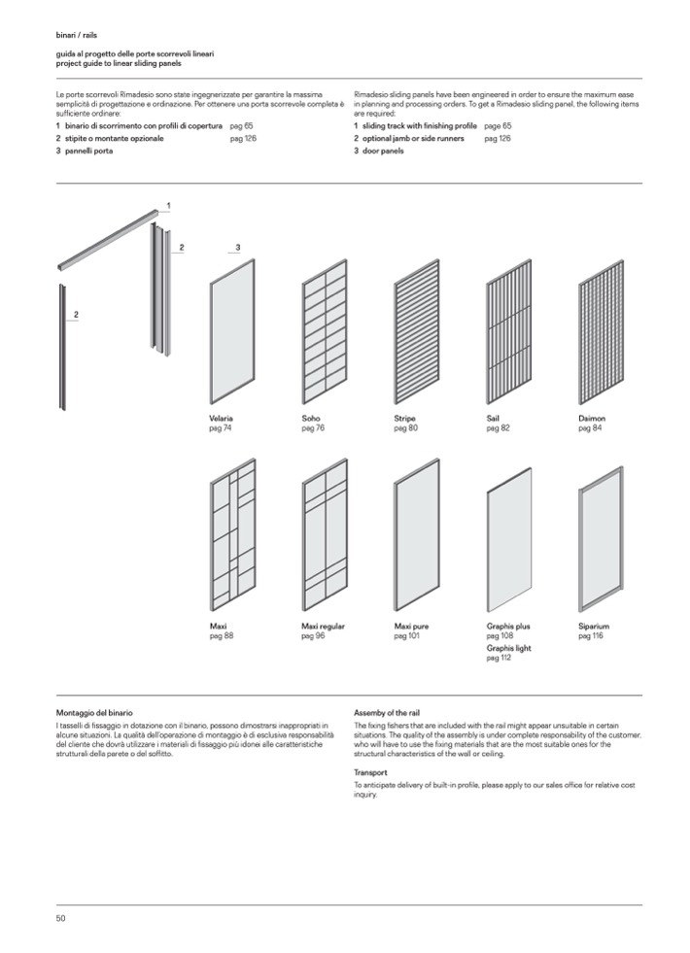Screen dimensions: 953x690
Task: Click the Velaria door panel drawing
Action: (232, 331)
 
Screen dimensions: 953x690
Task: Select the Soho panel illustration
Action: (325, 331)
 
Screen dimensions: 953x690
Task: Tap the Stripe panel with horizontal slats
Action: (417, 331)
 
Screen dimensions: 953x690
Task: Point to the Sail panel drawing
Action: (509, 331)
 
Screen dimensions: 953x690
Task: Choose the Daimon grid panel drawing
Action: (601, 331)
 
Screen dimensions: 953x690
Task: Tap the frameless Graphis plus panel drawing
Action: (509, 539)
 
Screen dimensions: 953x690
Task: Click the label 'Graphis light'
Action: (508, 648)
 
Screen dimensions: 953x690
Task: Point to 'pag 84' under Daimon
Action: (590, 428)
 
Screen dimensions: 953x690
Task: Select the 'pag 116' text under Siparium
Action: (591, 636)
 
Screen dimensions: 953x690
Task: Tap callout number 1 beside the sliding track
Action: (168, 206)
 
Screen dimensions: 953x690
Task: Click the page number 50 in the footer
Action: (60, 918)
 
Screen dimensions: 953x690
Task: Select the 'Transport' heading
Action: (371, 773)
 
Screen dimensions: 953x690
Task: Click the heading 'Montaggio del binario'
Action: (95, 713)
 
